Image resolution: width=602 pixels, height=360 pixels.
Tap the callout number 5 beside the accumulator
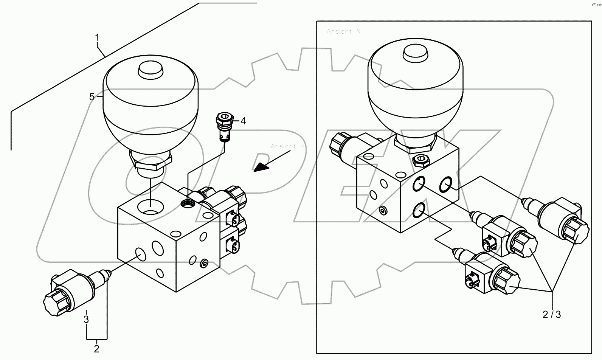92,97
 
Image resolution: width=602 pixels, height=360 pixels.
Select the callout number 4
243,121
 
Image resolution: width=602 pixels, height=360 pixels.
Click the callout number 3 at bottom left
86,319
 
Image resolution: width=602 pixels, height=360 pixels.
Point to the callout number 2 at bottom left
96,349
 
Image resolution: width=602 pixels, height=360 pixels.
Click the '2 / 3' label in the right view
552,315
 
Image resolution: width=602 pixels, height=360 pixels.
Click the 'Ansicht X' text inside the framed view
343,32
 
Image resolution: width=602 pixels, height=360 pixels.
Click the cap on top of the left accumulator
150,70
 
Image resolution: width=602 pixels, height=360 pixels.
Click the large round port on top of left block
150,207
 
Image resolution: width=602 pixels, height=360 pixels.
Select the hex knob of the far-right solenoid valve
576,230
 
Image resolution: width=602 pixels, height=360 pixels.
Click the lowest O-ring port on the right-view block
419,210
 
